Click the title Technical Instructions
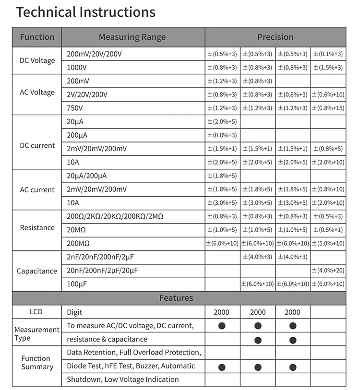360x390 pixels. pyautogui.click(x=86, y=12)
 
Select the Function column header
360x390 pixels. pyautogui.click(x=37, y=37)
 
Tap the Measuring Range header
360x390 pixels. pyautogui.click(x=132, y=37)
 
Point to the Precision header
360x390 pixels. pyautogui.click(x=275, y=37)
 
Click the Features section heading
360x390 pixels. pyautogui.click(x=176, y=298)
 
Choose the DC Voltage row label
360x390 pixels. pyautogui.click(x=37, y=60)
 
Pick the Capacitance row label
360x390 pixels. pyautogui.click(x=37, y=271)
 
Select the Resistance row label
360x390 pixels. pyautogui.click(x=37, y=227)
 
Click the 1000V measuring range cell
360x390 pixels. pyautogui.click(x=77, y=67)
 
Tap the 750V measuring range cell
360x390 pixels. pyautogui.click(x=75, y=108)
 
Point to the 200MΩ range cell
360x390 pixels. pyautogui.click(x=80, y=244)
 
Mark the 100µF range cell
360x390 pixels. pyautogui.click(x=77, y=284)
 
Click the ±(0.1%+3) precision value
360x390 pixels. pyautogui.click(x=328, y=54)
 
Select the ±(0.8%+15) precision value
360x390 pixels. pyautogui.click(x=328, y=108)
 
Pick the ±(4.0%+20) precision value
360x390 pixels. pyautogui.click(x=328, y=271)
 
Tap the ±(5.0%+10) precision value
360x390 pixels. pyautogui.click(x=328, y=244)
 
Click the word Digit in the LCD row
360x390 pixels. pyautogui.click(x=74, y=312)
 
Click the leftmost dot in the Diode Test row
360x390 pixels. pyautogui.click(x=222, y=367)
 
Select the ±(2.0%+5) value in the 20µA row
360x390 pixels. pyautogui.click(x=222, y=122)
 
